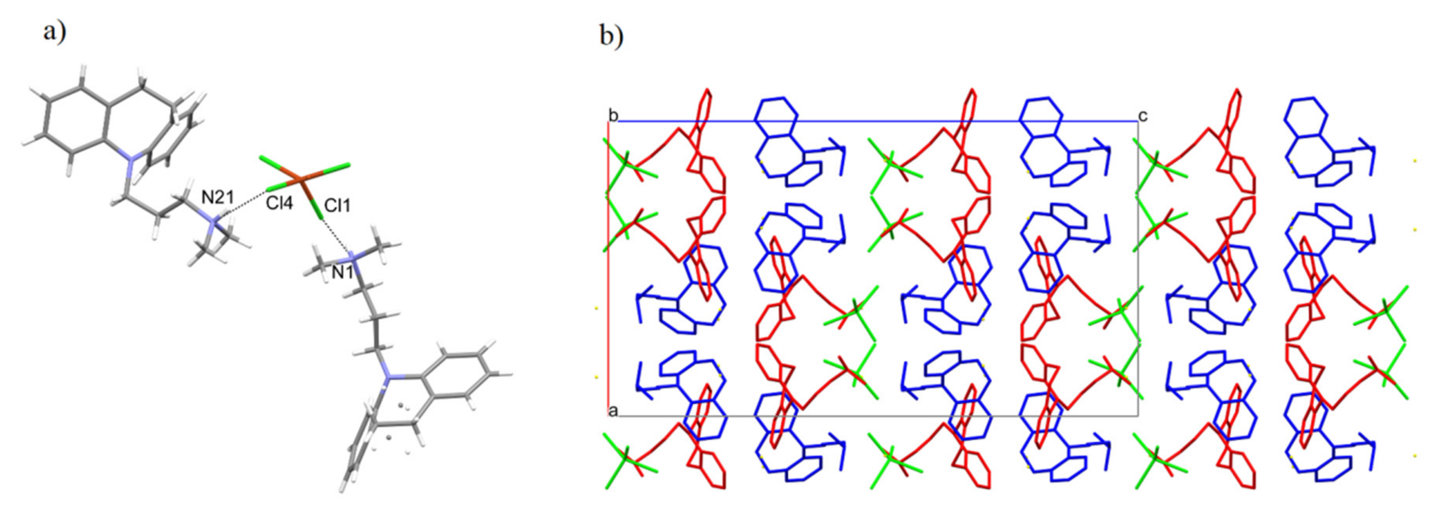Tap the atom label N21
click(218, 197)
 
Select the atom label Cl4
click(279, 204)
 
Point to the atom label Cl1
click(337, 206)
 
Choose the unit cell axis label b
click(613, 116)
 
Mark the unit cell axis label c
click(1143, 116)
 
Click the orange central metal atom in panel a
click(300, 179)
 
